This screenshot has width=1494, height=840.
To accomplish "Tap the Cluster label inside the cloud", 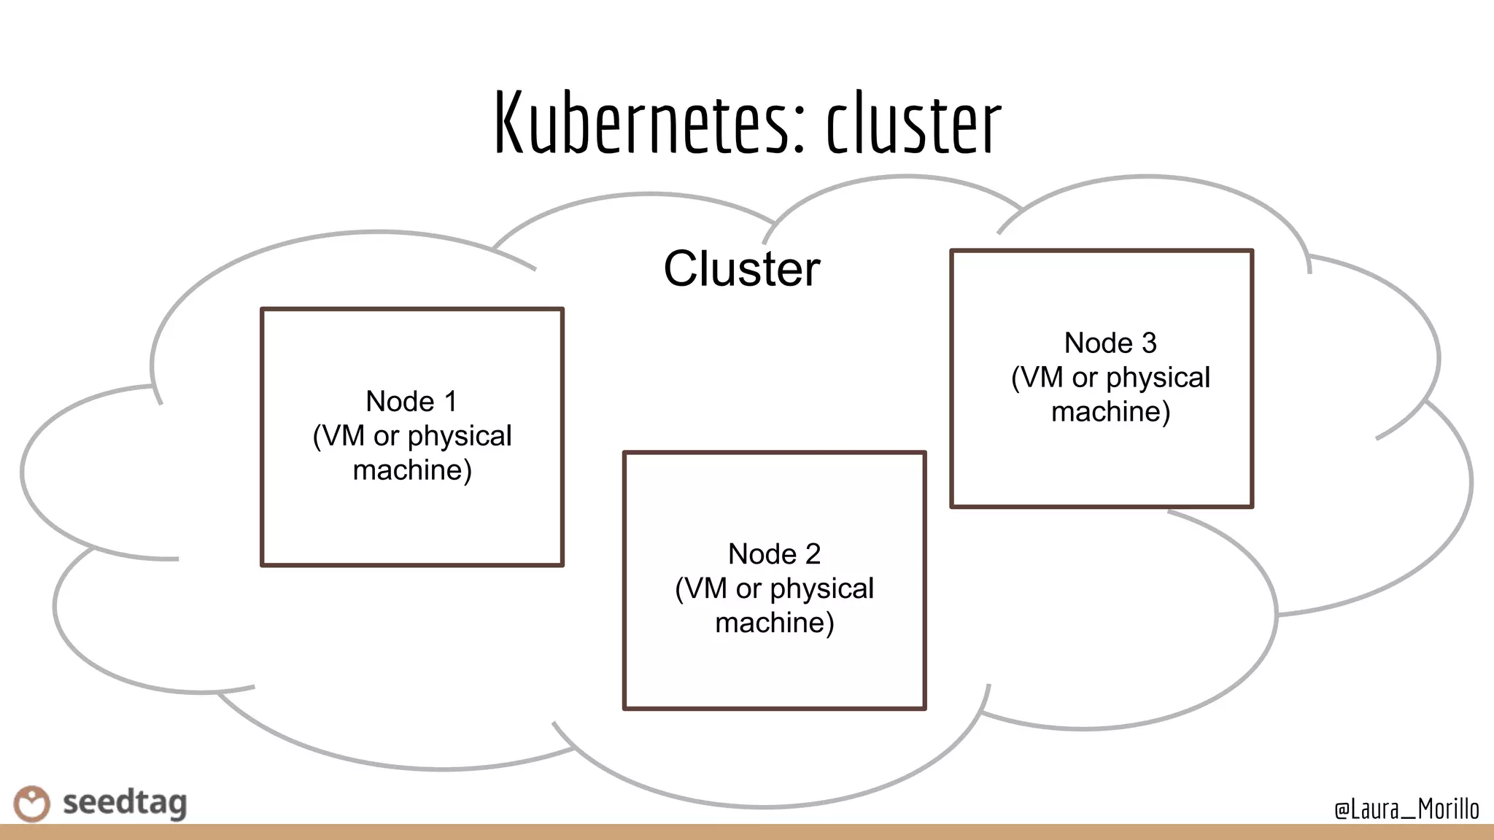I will tap(741, 269).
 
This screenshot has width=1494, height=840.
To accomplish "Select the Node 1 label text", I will tap(411, 402).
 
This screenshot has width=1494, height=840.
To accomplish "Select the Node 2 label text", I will tap(774, 554).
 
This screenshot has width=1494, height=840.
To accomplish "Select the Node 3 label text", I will tap(1110, 343).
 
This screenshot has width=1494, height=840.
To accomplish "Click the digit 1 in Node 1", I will tap(451, 402).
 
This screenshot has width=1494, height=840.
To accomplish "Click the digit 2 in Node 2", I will tap(813, 554).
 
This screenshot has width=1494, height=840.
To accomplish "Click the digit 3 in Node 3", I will tap(1149, 343).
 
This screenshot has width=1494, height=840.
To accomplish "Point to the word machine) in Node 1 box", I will tap(412, 470).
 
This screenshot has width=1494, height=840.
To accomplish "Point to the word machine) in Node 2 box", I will tap(774, 623).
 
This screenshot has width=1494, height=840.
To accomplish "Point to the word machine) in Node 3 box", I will tap(1110, 412).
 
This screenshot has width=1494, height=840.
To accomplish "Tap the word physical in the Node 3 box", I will tap(1158, 378).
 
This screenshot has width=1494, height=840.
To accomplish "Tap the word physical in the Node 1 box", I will tap(460, 437).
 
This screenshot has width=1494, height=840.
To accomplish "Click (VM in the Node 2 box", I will tap(701, 588).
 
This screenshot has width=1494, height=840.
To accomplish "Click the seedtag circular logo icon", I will tap(32, 804).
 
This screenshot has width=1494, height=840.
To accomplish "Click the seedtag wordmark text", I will tap(125, 804).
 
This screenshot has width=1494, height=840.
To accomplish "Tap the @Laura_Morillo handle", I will tap(1406, 809).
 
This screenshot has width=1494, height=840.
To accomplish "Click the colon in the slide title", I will tap(798, 131).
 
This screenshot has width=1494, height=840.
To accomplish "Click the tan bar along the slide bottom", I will tap(747, 832).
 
